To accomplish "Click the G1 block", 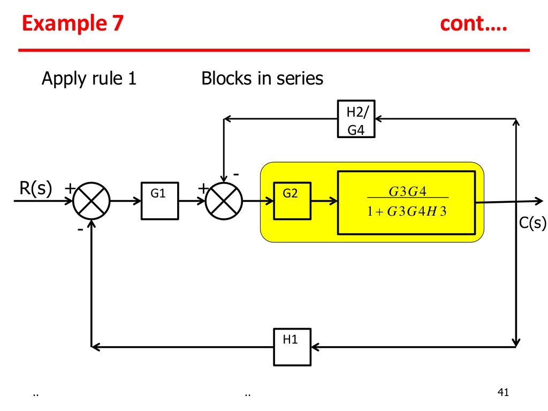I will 159,201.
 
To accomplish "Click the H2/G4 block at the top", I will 356,119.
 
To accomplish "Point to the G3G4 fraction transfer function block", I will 406,202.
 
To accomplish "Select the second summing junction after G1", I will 224,201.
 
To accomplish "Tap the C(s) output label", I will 532,223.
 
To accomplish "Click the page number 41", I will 502,393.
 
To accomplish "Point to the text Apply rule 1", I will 89,79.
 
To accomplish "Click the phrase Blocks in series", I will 262,79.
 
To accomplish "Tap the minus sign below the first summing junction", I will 80,229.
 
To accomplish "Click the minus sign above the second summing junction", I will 236,174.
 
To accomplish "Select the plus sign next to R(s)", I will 70,188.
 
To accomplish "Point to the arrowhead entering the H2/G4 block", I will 379,119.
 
